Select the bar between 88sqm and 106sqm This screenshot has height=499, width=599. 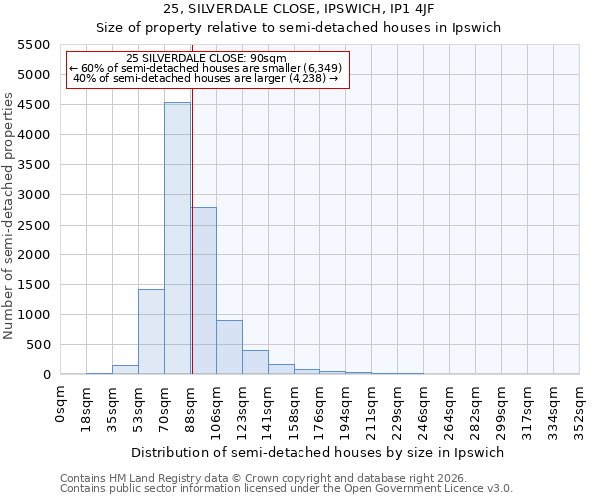click(203, 290)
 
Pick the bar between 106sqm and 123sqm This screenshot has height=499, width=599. click(229, 347)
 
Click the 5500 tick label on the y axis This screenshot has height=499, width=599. click(33, 45)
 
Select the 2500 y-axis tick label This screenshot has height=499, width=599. click(33, 225)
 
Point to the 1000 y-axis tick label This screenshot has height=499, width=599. click(33, 315)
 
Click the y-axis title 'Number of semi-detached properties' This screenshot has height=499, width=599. click(9, 215)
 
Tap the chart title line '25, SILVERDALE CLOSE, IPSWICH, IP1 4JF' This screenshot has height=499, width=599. click(298, 9)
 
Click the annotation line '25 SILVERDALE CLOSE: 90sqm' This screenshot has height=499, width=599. click(207, 58)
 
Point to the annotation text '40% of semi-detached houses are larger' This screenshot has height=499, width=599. click(207, 79)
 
